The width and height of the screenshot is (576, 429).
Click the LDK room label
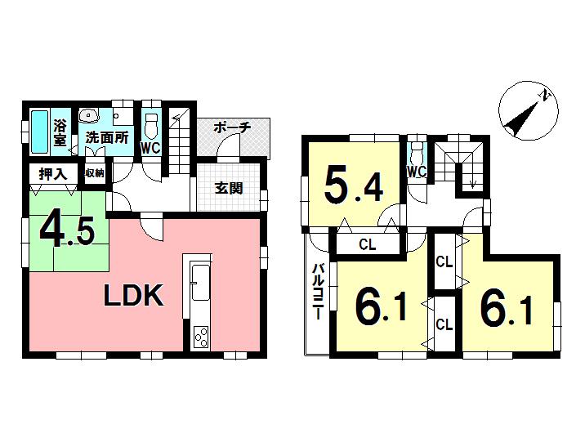click(x=133, y=296)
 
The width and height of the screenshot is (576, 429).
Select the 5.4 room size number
click(x=353, y=186)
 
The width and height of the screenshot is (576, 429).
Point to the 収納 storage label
click(x=95, y=173)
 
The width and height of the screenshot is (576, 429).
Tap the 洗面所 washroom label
click(x=108, y=138)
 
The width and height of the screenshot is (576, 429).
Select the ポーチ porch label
click(x=232, y=128)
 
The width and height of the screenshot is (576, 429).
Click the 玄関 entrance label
click(x=230, y=188)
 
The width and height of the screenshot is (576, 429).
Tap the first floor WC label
click(x=150, y=148)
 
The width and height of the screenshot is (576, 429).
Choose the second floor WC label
click(x=417, y=172)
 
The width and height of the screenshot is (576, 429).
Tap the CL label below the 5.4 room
click(x=367, y=244)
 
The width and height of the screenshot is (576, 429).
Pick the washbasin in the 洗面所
click(x=90, y=117)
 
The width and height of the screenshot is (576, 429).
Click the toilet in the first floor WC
click(x=150, y=124)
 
